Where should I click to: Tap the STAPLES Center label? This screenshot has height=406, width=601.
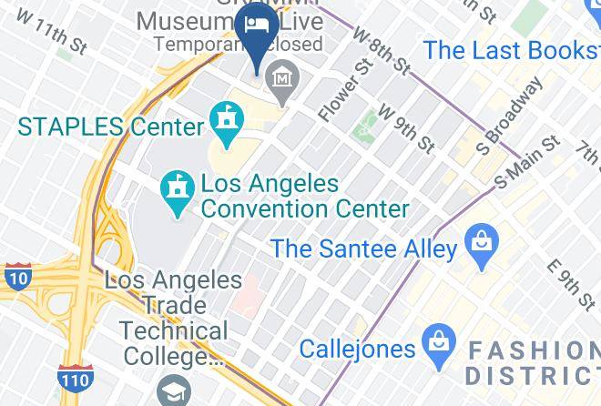109,127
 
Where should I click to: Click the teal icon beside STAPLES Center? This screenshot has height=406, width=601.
224,119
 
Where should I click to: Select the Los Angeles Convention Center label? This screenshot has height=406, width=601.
304,197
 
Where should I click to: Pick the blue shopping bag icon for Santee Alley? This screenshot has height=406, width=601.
478,243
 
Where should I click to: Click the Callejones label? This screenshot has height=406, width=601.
357,349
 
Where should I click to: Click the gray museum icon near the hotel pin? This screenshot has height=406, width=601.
283,78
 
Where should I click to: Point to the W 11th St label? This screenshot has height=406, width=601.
51,34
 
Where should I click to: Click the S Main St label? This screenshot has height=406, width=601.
527,163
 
